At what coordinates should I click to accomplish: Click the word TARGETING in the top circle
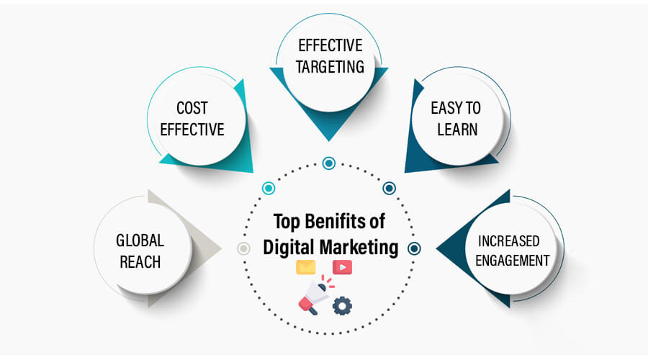click(x=330, y=67)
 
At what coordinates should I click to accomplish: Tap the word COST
click(x=192, y=108)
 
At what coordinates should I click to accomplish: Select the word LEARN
click(x=457, y=130)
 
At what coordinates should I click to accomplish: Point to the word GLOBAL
click(x=140, y=240)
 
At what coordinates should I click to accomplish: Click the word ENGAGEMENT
click(x=512, y=261)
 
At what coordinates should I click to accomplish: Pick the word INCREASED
click(x=509, y=241)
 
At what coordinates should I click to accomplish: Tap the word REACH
click(x=140, y=262)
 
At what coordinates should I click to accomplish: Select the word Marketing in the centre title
click(x=359, y=248)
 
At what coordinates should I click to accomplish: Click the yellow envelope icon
click(x=306, y=267)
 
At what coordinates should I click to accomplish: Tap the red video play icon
click(x=342, y=267)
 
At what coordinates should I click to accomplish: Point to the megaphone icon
click(x=314, y=294)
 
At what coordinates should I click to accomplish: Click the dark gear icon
click(x=342, y=306)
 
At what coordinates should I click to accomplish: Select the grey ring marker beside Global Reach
click(x=243, y=248)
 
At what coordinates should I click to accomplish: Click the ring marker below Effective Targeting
click(x=329, y=163)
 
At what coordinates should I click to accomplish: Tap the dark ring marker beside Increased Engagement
click(x=414, y=248)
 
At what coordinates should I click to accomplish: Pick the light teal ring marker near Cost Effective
click(x=269, y=189)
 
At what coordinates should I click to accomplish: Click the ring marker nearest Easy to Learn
click(x=389, y=189)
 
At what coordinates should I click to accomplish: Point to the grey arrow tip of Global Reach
click(x=221, y=248)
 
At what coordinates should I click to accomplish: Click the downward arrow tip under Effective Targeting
click(x=329, y=140)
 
